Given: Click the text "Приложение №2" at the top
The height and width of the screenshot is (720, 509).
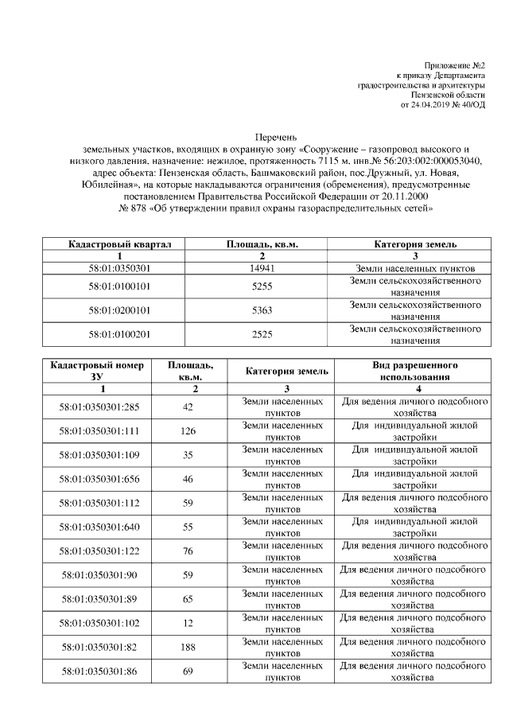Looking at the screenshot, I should click(457, 64).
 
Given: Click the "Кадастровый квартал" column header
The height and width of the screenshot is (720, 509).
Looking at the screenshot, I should click(119, 244).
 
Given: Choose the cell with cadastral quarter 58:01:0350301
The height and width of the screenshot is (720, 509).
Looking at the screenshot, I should click(119, 268).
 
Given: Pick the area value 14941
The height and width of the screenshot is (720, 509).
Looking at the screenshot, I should click(262, 268).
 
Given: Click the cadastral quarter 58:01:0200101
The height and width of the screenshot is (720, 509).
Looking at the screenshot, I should click(119, 310).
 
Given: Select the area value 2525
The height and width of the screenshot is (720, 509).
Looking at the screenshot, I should click(262, 334).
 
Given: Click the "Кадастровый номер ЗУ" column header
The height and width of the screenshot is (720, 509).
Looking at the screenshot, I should click(97, 371).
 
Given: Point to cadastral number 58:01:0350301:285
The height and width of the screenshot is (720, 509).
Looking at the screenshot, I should click(99, 407).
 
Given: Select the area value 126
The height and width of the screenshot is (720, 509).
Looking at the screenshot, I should click(188, 431).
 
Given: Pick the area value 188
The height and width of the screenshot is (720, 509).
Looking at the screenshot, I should click(188, 648).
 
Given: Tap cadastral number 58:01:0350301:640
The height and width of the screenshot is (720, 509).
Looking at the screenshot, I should click(99, 527).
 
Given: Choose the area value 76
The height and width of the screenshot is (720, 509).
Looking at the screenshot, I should click(188, 551).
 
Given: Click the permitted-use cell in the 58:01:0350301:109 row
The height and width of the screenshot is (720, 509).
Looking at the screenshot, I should click(414, 455).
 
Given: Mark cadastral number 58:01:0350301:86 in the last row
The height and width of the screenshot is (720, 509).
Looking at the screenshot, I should click(99, 671).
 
